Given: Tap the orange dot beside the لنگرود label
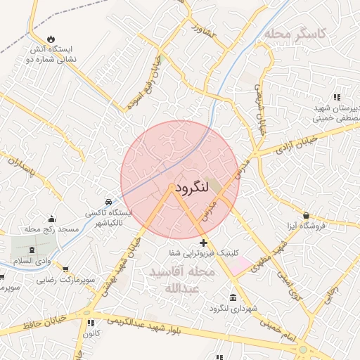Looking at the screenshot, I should coord(172,187).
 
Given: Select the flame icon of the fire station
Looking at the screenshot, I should coord(51,39).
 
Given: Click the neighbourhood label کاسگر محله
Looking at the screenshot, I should coord(302,33).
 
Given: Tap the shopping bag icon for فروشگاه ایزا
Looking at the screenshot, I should coord(307,215).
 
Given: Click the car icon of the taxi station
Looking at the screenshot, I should coord(108,200).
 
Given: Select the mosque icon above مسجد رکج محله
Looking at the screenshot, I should coord(51,219).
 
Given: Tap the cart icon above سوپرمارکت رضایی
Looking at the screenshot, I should coord(65,269).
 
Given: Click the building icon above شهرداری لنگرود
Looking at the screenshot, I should coord(233,297).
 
